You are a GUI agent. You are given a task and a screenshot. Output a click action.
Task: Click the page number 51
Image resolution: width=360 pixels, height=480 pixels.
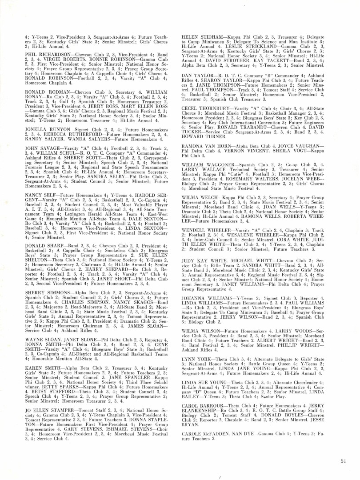pyautogui.click(x=343, y=461)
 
